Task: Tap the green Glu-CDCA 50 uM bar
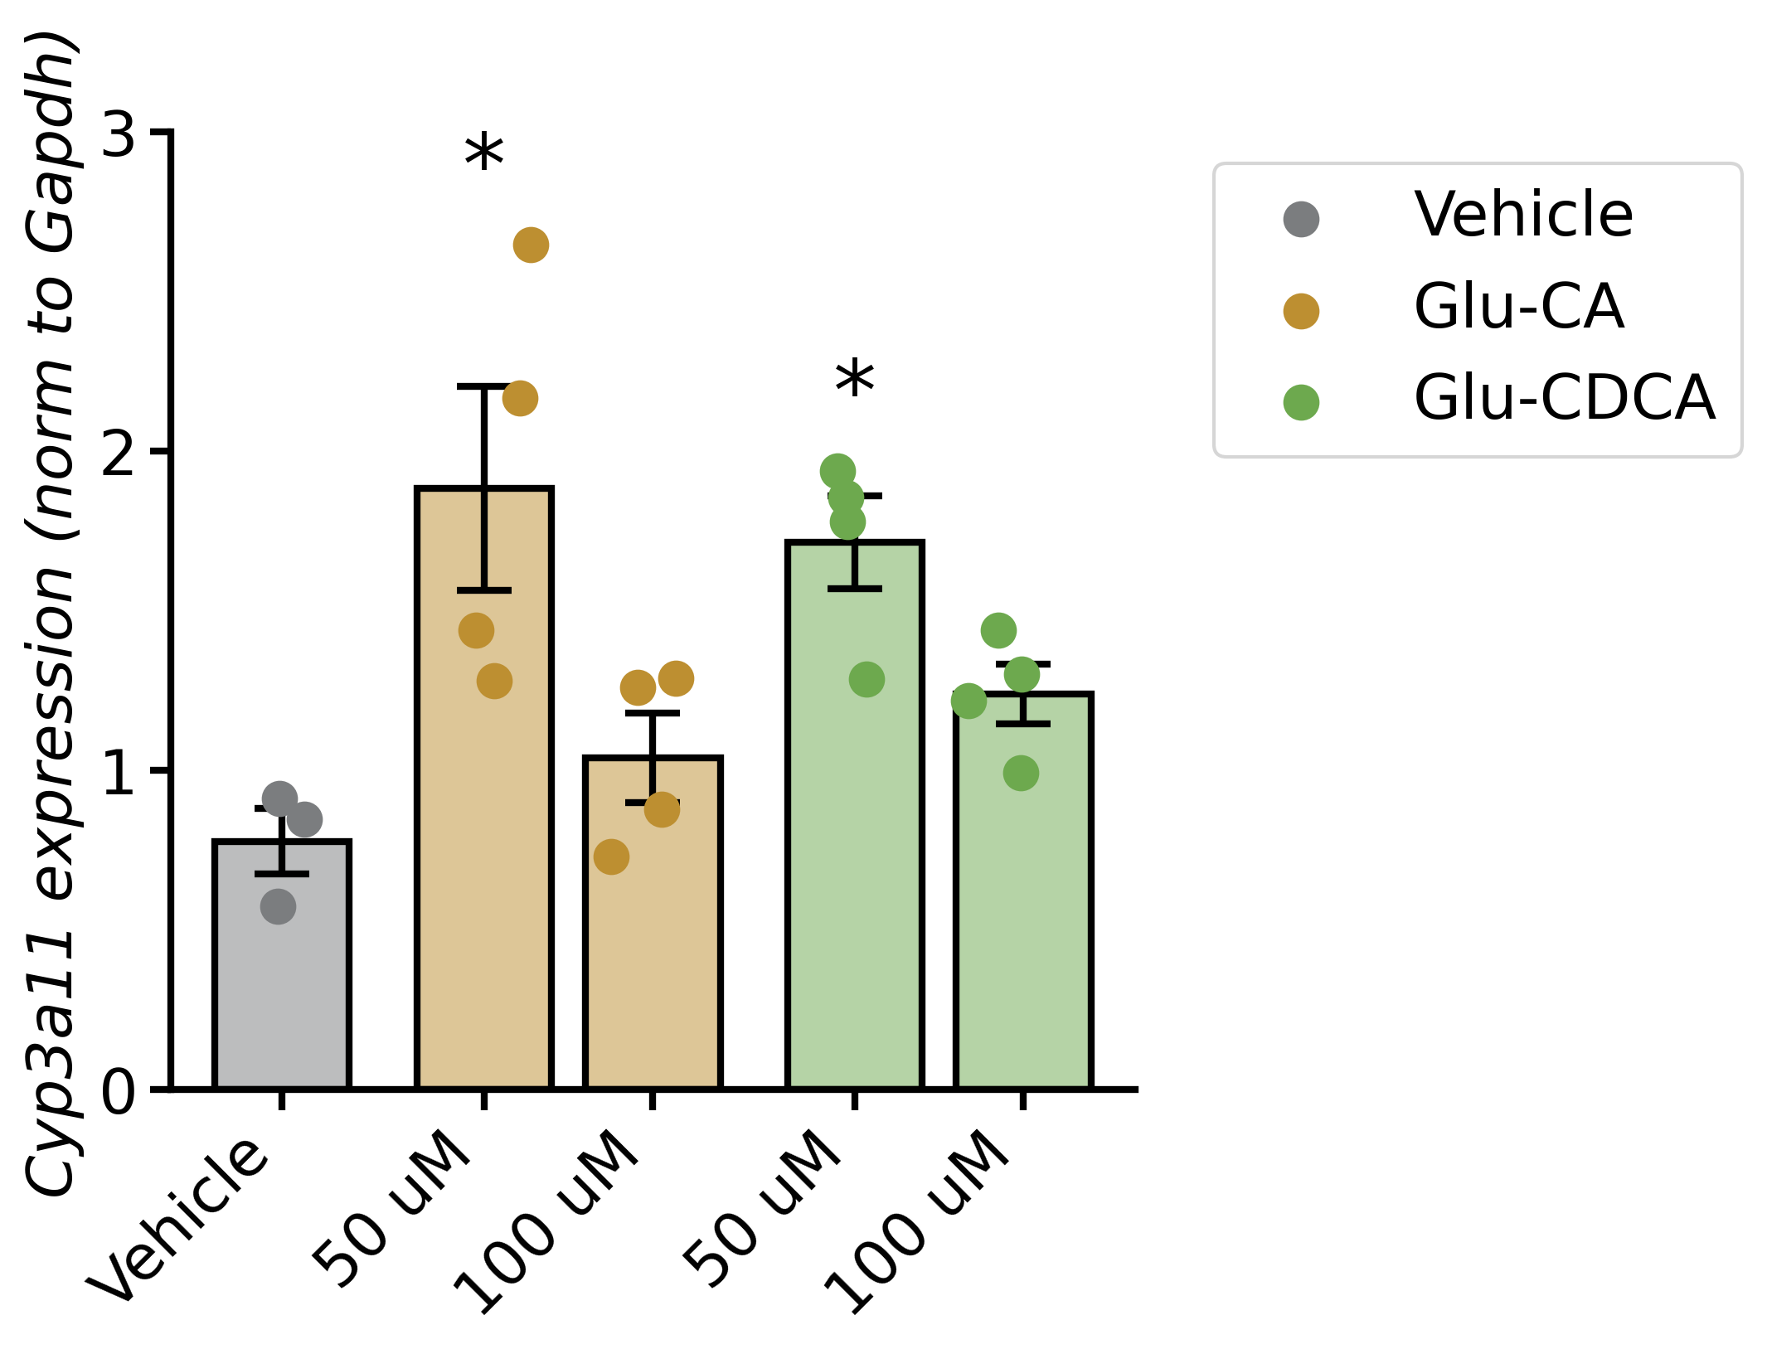click(x=854, y=829)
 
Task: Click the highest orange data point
click(x=531, y=245)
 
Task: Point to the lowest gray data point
click(x=278, y=906)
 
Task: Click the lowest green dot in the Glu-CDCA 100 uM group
click(x=1021, y=774)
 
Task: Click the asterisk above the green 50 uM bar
click(x=854, y=382)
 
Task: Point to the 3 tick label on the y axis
click(x=119, y=133)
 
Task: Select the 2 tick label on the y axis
click(x=119, y=452)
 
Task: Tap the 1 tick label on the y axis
click(x=119, y=772)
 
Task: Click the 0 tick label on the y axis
click(x=119, y=1091)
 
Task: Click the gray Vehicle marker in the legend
click(x=1301, y=219)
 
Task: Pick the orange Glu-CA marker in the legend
click(x=1301, y=311)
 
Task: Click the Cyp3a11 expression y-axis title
click(x=51, y=614)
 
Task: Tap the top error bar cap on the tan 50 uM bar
click(x=484, y=386)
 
